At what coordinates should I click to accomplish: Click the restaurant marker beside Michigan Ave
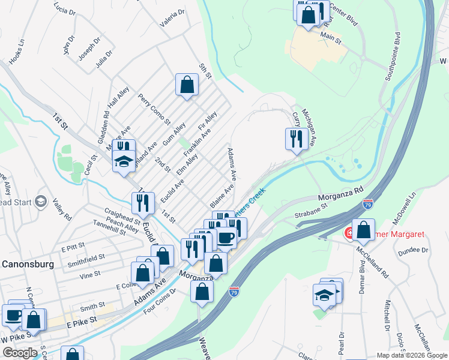tap(296, 139)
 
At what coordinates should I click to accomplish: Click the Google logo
tap(20, 353)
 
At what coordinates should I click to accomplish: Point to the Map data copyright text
tap(411, 355)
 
